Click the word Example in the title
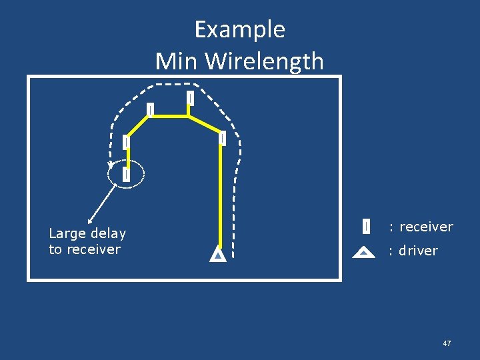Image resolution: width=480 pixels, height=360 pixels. pos(239,30)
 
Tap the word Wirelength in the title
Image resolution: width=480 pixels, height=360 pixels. pos(265,61)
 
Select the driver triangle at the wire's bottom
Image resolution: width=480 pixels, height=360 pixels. pos(218,255)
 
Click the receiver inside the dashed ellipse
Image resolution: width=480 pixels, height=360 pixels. pos(125,174)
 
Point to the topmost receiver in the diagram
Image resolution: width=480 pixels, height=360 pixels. pos(190,98)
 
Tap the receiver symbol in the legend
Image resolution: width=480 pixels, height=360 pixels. pos(366,227)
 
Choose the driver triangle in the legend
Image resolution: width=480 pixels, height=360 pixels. pos(363,252)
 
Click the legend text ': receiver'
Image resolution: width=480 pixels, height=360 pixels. pos(421,227)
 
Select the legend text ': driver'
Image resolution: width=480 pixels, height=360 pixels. pos(413,251)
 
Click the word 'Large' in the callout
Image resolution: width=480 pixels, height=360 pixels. pos(67,233)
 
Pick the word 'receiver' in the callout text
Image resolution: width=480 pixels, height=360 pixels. pos(93,249)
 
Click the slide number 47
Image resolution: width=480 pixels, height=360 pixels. pos(447,343)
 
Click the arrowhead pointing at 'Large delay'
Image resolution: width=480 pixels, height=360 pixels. pos(90,219)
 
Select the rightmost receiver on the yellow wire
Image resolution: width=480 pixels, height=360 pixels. pos(222,138)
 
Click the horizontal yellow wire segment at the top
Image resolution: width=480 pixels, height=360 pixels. pos(170,116)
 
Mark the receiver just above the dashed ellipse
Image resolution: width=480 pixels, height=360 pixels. pos(125,142)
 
